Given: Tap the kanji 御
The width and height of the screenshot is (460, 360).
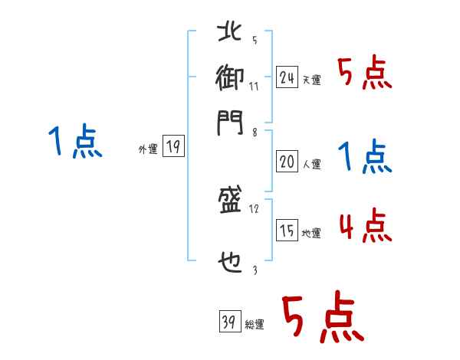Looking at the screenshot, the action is [x=229, y=77].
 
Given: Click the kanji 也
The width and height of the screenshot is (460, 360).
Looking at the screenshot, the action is [x=229, y=263].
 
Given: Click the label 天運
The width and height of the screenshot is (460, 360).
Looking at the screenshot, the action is [x=311, y=80].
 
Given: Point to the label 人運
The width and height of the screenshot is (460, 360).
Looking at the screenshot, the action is [x=311, y=163].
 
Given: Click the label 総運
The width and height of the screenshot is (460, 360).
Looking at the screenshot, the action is [x=255, y=325].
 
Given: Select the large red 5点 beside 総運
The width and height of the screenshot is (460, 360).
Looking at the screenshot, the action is [x=321, y=319].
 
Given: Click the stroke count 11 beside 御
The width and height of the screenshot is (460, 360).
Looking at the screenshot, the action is [x=254, y=86].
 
